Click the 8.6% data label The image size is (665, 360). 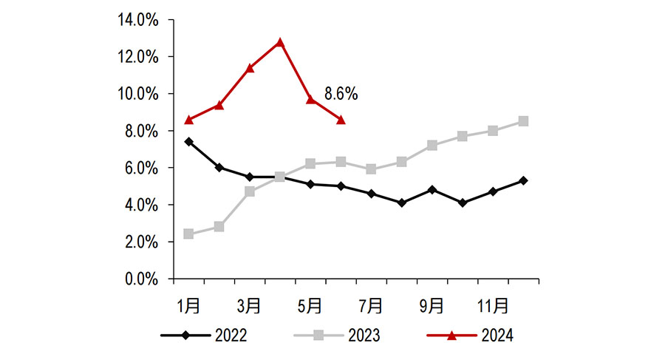coord(341,94)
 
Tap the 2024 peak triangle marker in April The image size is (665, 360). coord(280,42)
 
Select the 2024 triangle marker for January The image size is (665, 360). coord(189,120)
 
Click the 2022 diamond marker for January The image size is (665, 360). coord(189,141)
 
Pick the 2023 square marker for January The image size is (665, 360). coord(189,234)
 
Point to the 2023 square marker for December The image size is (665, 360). coord(523,121)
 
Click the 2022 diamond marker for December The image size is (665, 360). coord(523,180)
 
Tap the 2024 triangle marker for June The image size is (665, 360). coord(341,120)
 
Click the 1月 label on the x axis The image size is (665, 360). coord(188,305)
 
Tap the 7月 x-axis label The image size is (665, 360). coord(370,305)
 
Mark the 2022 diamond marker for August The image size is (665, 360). coord(401,203)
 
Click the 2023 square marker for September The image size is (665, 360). coord(432,146)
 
